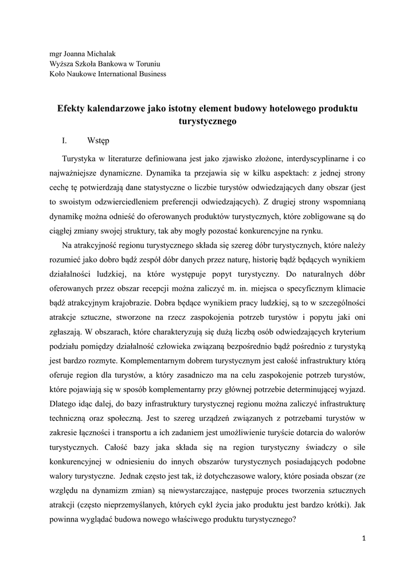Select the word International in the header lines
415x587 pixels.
(x=119, y=73)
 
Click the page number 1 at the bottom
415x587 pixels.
(x=363, y=539)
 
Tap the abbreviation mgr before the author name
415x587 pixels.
(x=56, y=54)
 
